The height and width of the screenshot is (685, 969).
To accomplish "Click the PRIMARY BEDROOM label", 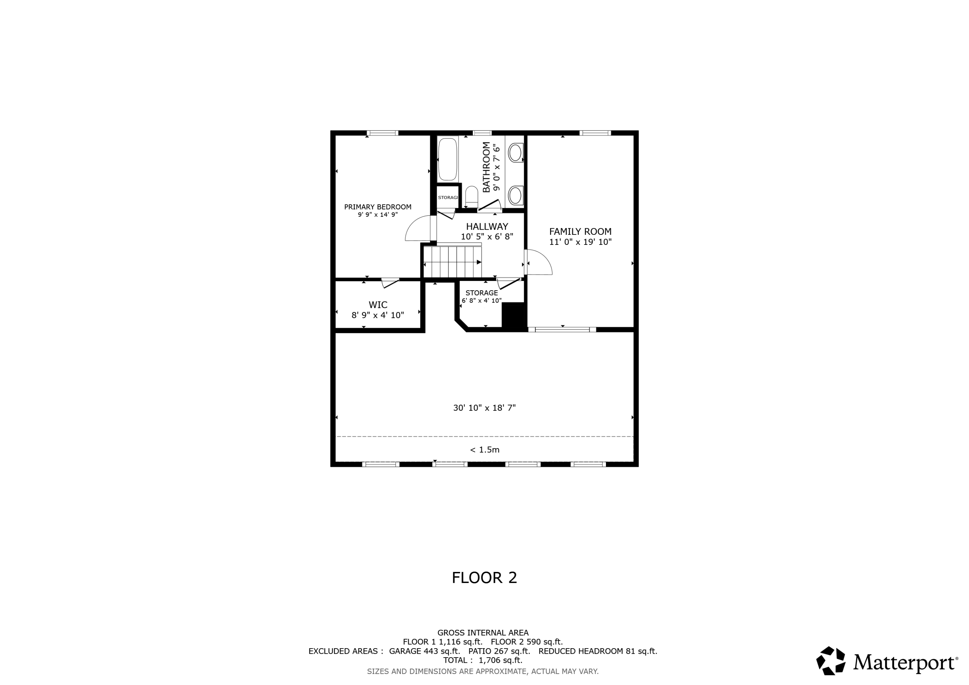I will (377, 207).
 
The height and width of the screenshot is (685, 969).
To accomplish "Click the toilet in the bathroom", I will (471, 197).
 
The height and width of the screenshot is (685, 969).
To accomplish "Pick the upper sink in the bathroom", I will (515, 152).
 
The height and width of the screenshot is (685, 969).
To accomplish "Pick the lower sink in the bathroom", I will (515, 195).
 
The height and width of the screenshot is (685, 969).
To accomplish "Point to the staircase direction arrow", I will (479, 262).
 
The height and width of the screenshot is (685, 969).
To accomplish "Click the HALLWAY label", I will (487, 226).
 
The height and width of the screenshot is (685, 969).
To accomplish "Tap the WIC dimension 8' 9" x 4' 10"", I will (377, 315).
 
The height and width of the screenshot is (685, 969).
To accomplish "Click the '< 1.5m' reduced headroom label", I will (484, 450).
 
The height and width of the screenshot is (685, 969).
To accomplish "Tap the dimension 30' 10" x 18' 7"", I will (484, 408).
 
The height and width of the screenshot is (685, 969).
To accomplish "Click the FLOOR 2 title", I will (484, 577).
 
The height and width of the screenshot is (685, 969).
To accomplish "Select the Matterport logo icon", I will (830, 660).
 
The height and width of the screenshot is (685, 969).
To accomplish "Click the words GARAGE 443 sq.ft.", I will (424, 651).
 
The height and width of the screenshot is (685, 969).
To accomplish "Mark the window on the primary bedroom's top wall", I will (382, 133).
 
